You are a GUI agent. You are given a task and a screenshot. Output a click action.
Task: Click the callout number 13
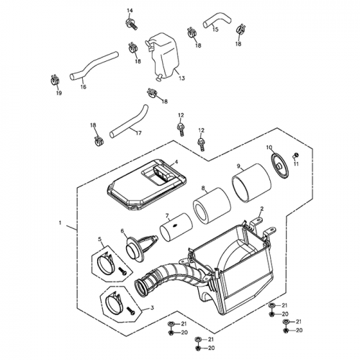(x=181, y=77)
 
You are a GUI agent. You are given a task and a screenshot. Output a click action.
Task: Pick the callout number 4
(x=176, y=163)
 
